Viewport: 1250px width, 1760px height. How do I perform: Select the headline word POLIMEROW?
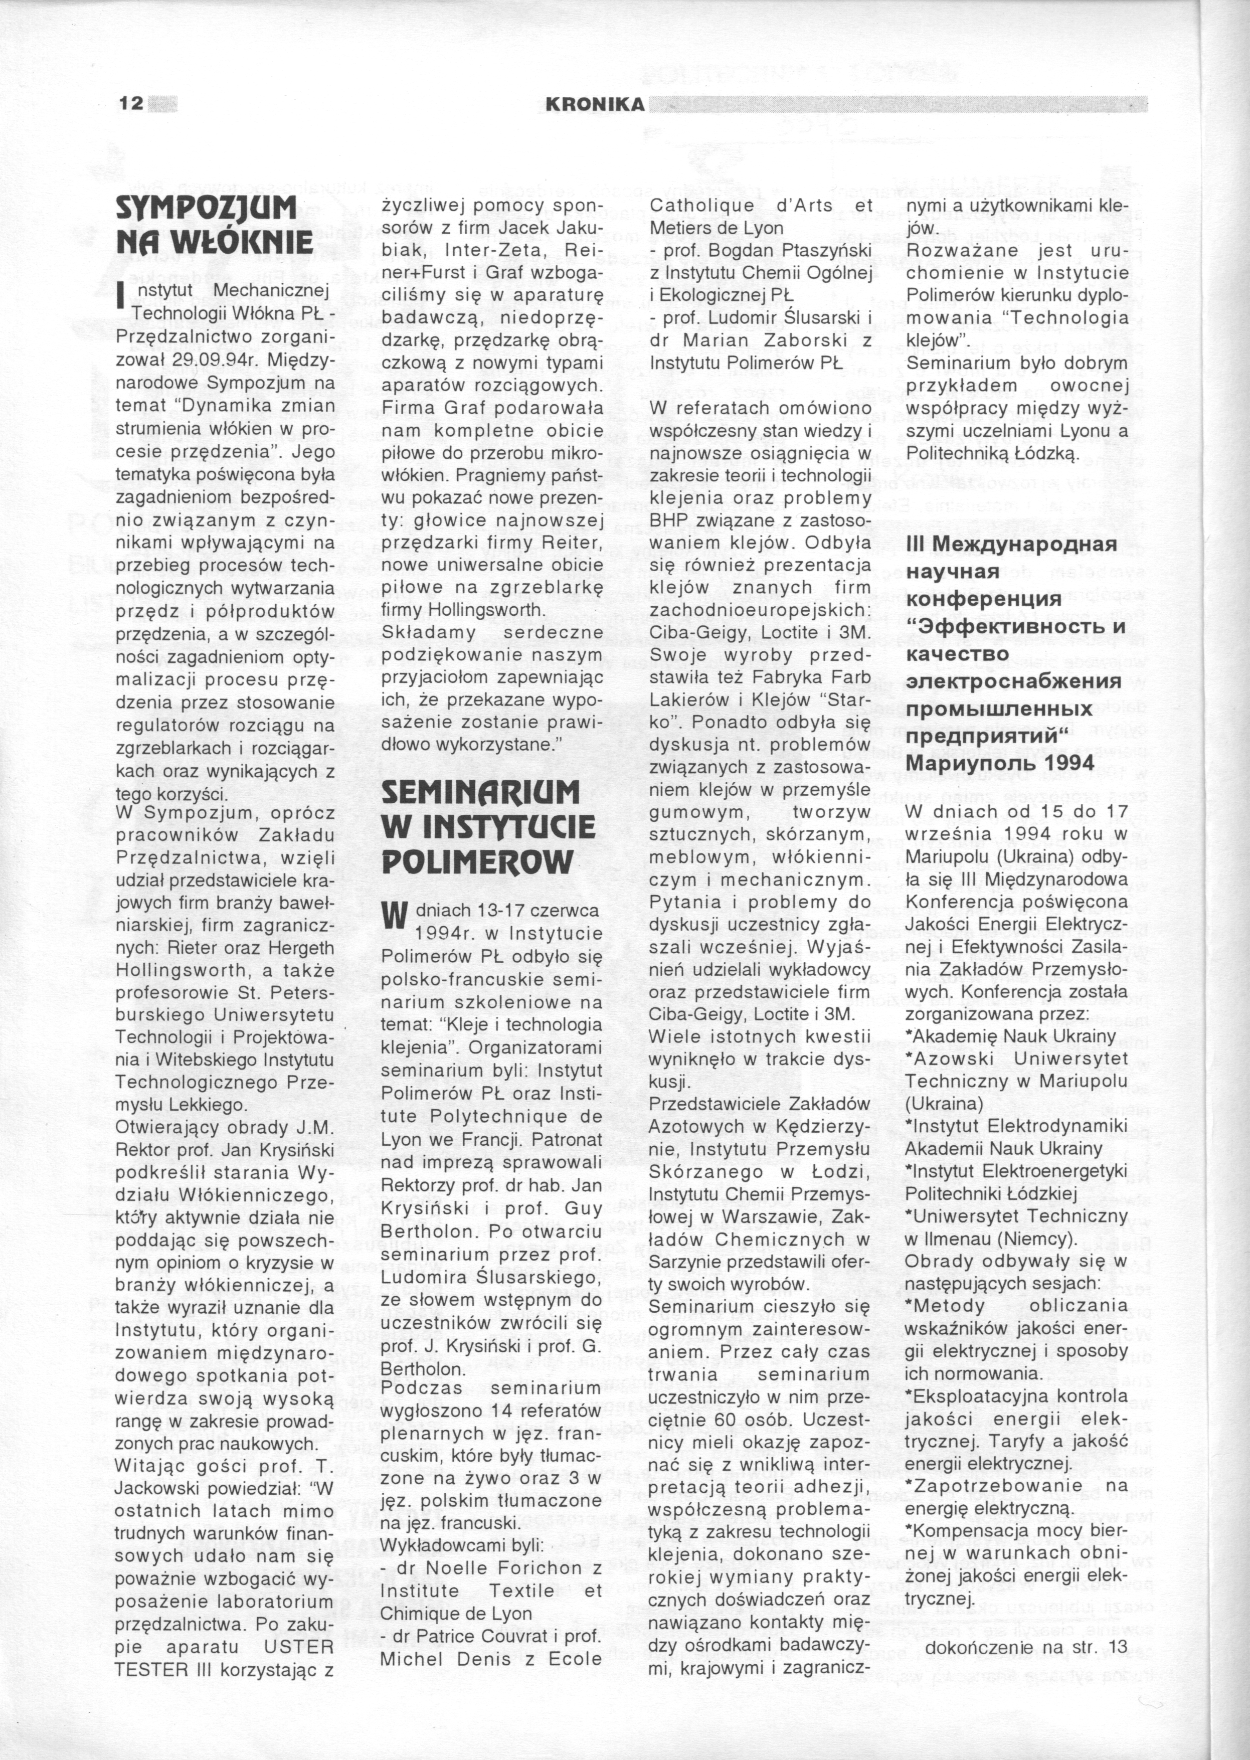pos(477,861)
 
